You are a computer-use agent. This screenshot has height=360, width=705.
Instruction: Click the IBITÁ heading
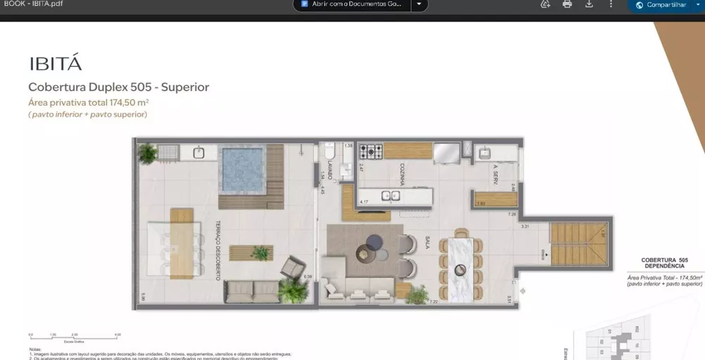(x=55, y=63)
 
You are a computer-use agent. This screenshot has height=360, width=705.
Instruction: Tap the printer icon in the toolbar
(x=567, y=4)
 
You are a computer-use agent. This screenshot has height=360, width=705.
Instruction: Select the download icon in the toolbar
(x=589, y=4)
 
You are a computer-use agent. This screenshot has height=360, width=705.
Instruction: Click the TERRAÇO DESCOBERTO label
(x=216, y=249)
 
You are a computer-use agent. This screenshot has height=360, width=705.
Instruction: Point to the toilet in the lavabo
(x=330, y=154)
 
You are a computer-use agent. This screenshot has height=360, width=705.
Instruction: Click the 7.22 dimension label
(x=434, y=302)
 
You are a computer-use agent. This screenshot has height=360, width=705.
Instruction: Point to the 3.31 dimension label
(x=525, y=227)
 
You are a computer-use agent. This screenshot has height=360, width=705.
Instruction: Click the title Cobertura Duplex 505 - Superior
(x=118, y=87)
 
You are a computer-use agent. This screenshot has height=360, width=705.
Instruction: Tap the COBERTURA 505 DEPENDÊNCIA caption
(x=663, y=263)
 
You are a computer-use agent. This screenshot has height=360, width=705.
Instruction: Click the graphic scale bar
(x=74, y=336)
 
